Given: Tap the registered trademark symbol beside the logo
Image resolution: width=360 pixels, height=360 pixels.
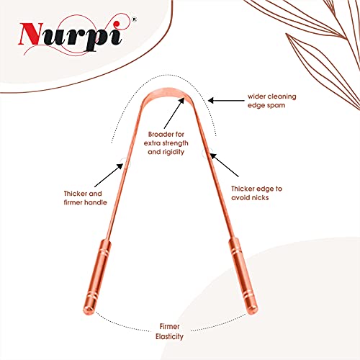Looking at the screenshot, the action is [x=135, y=19].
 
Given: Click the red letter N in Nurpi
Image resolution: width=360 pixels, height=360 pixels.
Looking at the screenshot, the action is [x=31, y=34].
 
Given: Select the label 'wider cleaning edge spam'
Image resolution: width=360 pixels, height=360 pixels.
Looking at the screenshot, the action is [x=272, y=101].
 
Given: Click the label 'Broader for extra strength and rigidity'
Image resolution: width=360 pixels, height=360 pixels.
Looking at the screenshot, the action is [x=166, y=143].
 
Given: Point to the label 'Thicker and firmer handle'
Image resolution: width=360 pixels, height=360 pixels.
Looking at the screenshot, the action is [x=85, y=198].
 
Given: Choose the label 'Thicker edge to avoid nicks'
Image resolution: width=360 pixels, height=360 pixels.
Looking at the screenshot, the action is [x=256, y=193].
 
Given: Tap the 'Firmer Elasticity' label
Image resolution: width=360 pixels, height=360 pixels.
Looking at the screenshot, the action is [x=169, y=331].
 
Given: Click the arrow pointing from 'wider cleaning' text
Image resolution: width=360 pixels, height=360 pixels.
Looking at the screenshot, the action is [x=226, y=101].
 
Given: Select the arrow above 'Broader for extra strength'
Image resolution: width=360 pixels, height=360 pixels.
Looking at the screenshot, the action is [x=174, y=113].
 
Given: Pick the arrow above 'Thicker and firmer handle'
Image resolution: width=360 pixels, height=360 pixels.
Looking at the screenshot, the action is [x=109, y=175].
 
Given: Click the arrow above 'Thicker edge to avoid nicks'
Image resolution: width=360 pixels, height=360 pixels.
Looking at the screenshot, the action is [x=225, y=165].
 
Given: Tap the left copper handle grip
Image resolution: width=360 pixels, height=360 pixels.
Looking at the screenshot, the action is [x=96, y=277].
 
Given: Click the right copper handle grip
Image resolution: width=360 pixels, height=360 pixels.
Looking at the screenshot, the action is [x=243, y=276].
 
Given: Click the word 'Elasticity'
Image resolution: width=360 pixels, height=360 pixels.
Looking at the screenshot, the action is [x=169, y=336].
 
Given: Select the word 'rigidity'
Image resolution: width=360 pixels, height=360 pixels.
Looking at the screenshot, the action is [x=174, y=152].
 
